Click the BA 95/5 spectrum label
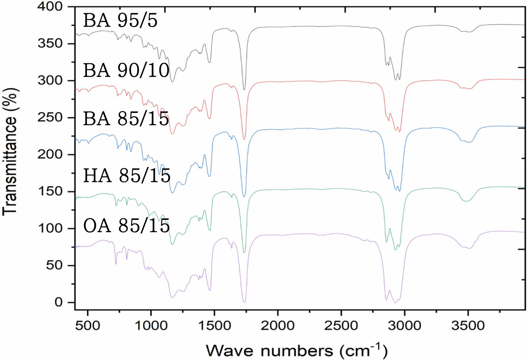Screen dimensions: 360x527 [120, 20]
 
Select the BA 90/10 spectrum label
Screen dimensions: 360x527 [126, 70]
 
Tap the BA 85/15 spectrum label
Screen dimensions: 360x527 [126, 119]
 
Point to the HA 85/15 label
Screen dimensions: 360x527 [127, 175]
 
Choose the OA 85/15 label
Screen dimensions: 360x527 [127, 226]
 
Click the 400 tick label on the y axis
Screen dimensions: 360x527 [50, 6]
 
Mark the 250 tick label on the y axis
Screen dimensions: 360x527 [50, 117]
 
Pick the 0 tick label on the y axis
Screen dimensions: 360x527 [58, 302]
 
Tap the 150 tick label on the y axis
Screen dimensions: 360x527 [50, 191]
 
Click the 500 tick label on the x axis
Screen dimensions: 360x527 [88, 326]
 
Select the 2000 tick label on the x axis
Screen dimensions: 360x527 [278, 326]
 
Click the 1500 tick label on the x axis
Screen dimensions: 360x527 [214, 326]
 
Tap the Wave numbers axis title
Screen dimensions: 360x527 [297, 350]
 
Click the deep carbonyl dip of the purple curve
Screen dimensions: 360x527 [244, 301]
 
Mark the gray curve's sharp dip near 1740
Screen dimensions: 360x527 [244, 89]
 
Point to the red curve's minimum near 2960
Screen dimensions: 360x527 [400, 132]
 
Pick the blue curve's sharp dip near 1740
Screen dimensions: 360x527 [244, 196]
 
